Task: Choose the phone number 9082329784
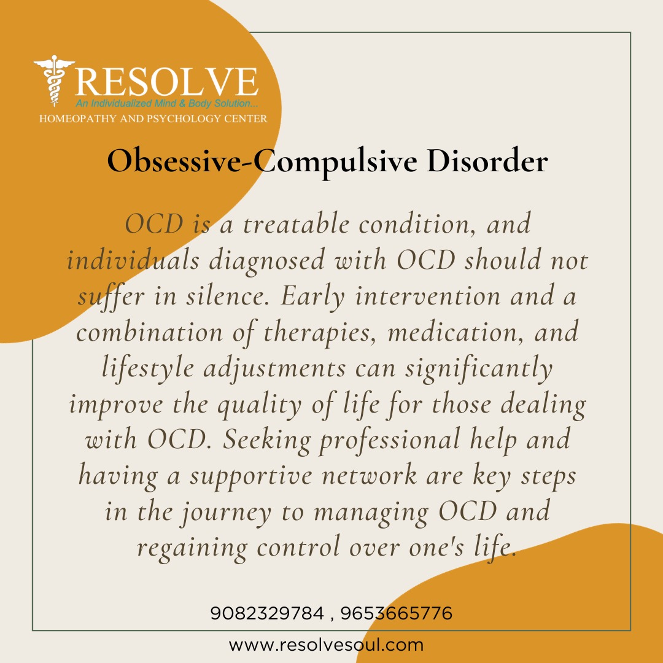266,613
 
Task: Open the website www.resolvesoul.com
326,645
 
